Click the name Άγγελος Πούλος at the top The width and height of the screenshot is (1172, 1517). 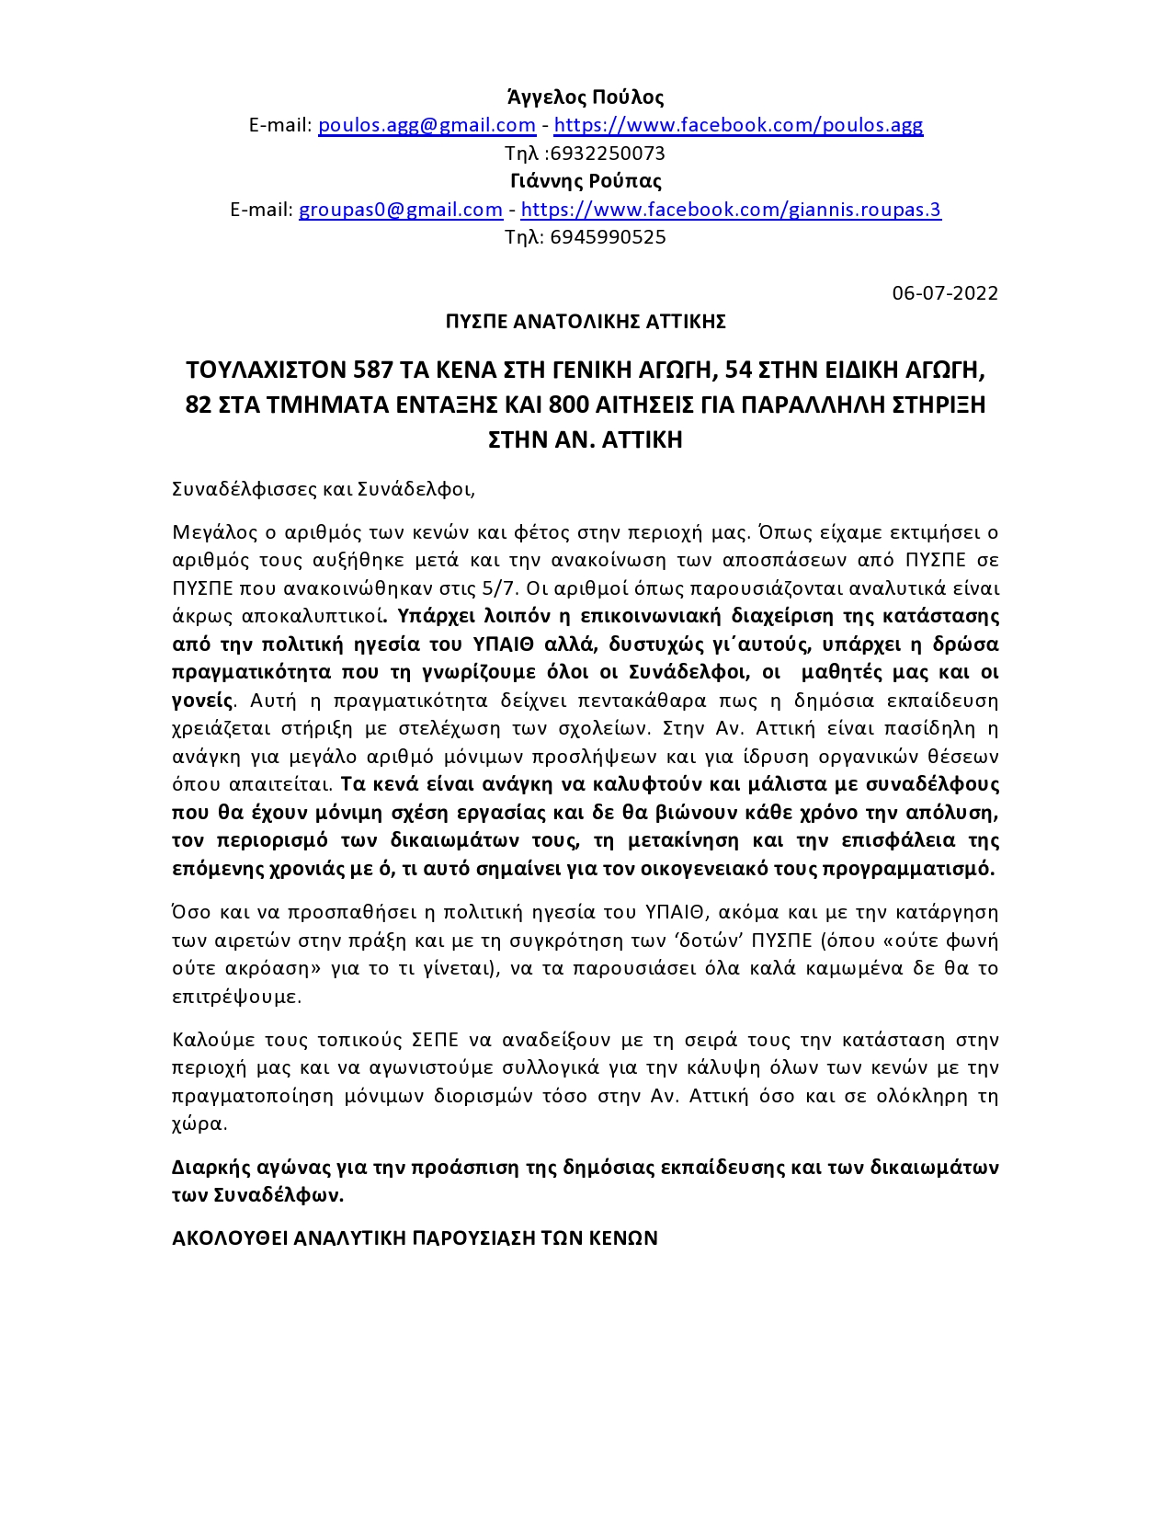coord(586,97)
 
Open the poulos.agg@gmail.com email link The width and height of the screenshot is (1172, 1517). coord(427,125)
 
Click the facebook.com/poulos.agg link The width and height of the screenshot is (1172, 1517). coord(738,125)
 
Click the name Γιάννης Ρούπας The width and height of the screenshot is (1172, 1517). coord(586,181)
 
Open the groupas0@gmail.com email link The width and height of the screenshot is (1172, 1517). coord(401,210)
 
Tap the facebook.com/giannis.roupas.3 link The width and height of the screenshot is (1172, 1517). coord(731,210)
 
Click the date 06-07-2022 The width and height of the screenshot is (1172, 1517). coord(945,293)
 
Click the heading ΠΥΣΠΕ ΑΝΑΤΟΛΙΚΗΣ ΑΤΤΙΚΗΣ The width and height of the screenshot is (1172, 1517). coord(586,322)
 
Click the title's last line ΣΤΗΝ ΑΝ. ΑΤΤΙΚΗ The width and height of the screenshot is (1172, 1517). coord(586,440)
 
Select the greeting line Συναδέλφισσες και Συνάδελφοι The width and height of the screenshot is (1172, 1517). coord(324,489)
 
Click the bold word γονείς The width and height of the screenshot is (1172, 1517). coord(202,701)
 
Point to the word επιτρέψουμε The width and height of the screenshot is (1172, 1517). coord(235,997)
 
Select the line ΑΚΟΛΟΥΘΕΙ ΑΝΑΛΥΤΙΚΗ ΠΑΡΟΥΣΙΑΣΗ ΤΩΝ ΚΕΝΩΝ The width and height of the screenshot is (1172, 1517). coord(415,1238)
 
